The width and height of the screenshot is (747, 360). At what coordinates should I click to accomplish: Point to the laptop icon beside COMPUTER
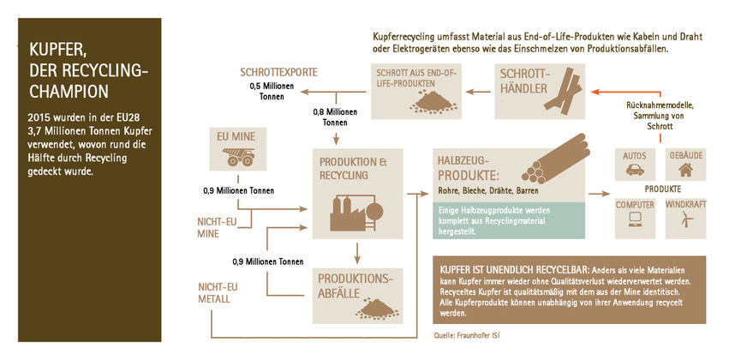point(636,219)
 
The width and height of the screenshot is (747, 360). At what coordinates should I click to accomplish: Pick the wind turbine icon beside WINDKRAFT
point(685,219)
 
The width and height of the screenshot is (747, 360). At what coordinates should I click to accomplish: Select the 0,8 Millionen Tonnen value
point(335,117)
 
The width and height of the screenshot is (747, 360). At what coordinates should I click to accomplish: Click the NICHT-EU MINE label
point(216,225)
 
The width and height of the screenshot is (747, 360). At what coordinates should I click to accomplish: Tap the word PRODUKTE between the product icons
point(662,189)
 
